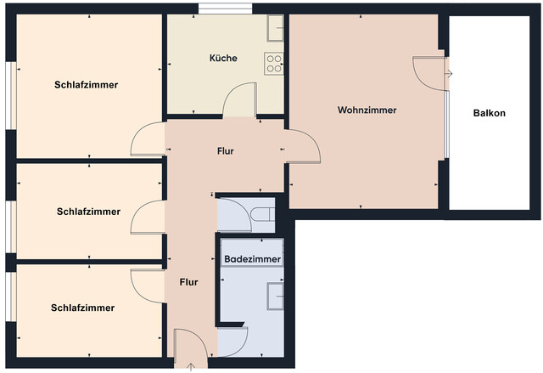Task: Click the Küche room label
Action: click(223, 59)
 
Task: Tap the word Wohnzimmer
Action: click(367, 110)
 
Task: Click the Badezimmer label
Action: click(252, 257)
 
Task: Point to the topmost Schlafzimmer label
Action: click(86, 85)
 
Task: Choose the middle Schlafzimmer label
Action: click(89, 212)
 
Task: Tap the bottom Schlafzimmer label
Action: click(82, 308)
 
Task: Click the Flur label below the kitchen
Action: click(225, 151)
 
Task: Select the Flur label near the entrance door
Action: click(189, 282)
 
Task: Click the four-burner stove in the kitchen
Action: click(274, 63)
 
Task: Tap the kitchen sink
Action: click(275, 30)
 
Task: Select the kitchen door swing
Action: click(238, 99)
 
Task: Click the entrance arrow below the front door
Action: click(190, 367)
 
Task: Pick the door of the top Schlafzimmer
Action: click(149, 140)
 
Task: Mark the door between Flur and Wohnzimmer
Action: click(303, 149)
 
